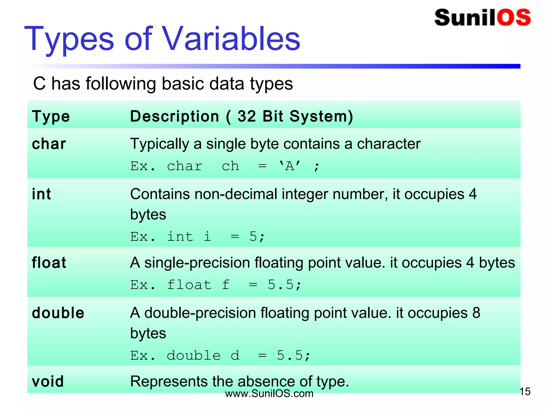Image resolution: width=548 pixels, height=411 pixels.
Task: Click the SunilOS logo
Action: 482,18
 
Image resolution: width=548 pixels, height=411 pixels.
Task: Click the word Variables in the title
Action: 231,39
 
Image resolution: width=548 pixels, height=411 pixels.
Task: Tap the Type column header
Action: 51,116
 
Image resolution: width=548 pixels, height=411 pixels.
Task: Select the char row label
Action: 49,144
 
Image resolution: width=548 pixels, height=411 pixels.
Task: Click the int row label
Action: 41,194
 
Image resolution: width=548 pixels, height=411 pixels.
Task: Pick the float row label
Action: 49,262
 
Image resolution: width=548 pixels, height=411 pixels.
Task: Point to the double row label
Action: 58,313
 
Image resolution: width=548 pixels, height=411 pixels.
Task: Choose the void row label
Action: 48,381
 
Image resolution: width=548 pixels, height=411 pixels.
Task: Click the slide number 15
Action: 525,391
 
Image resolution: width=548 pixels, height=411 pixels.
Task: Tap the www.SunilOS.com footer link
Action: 269,394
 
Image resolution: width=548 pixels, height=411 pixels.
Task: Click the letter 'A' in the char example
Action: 290,166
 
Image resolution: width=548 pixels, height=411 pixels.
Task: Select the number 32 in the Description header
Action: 247,116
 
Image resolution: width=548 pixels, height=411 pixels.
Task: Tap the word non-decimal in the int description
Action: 236,194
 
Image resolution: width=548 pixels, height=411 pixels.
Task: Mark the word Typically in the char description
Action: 159,144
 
